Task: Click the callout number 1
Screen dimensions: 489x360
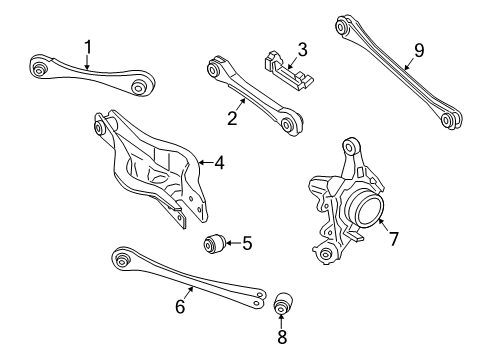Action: coord(88,47)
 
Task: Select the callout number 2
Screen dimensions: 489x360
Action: coord(232,118)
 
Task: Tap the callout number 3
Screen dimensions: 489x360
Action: coord(302,50)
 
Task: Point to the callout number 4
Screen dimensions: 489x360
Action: coord(219,163)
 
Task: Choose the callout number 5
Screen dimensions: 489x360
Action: coord(247,243)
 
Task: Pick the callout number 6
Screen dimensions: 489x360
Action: coord(180,306)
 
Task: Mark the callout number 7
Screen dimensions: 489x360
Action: coord(394,239)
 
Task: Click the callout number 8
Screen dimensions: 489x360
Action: coord(282,337)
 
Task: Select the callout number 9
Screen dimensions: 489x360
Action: coord(419,51)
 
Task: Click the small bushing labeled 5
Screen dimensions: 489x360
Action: coord(215,244)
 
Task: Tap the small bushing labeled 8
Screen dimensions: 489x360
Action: coord(283,303)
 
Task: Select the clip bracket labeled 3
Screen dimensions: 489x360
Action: coord(288,70)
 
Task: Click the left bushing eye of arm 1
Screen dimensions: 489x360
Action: coord(39,66)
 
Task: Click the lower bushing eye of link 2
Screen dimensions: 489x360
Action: coord(287,124)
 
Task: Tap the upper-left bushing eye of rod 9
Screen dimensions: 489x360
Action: coord(341,26)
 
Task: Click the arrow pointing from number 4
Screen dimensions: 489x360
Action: coord(205,163)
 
